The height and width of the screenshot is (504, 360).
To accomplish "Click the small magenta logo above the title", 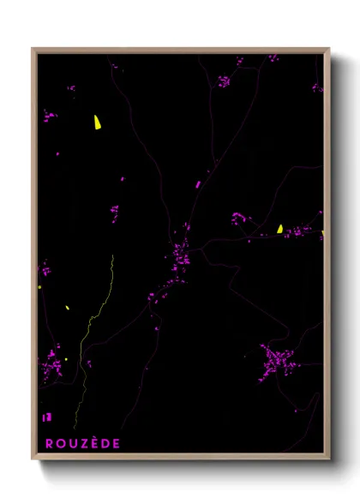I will click(46, 417).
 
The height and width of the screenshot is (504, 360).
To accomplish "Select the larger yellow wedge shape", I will click(98, 123).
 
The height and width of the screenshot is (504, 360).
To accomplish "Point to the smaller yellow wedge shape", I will click(280, 229).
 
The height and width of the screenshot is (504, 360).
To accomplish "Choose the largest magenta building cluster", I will click(277, 361).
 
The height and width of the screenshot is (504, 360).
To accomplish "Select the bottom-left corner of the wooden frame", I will click(33, 459).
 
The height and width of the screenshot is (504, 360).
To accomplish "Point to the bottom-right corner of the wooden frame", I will click(328, 459).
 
